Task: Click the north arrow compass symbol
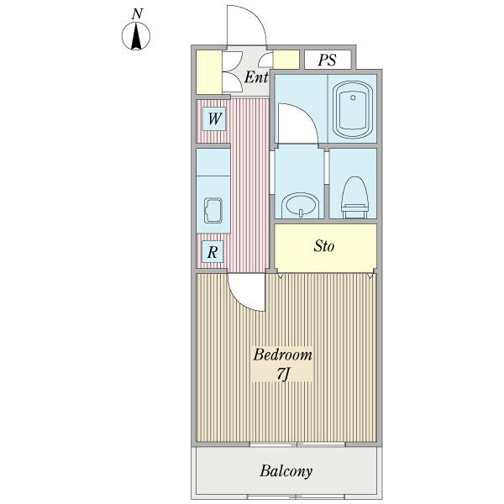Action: point(136,36)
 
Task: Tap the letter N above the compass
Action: point(137,13)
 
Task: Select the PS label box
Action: point(328,60)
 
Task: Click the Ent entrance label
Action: point(256,77)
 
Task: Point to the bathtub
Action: point(353,109)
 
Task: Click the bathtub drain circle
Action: point(353,97)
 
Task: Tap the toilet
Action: point(354,197)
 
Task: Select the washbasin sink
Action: point(300,206)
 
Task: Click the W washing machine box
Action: point(214,119)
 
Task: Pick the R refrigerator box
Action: point(213,252)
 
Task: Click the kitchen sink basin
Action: point(213,211)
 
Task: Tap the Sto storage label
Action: point(324,246)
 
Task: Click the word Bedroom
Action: point(282,354)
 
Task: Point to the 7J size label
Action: point(283,374)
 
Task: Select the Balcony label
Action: point(286,471)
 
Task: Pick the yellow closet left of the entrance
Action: point(209,72)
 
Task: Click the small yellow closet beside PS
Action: point(286,60)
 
